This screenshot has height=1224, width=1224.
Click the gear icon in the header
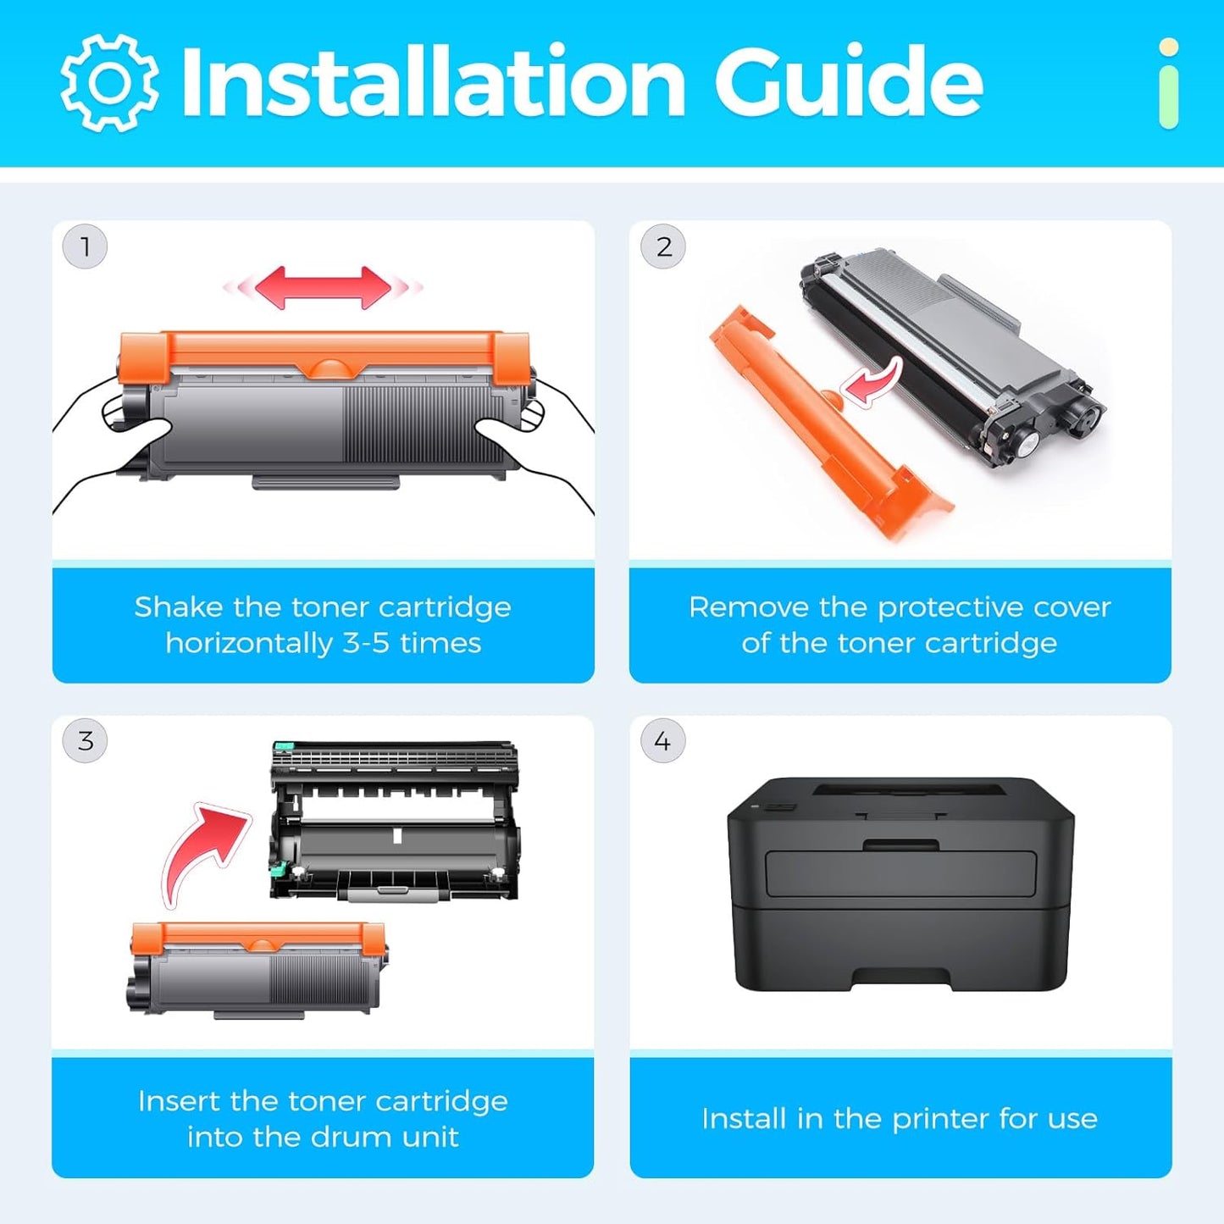click(x=108, y=83)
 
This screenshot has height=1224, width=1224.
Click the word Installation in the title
click(x=432, y=82)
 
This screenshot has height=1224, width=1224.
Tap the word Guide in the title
click(x=847, y=82)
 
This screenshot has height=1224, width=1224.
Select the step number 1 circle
click(x=85, y=247)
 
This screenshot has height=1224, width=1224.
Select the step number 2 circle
click(x=663, y=247)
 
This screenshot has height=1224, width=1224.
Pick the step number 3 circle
click(x=85, y=741)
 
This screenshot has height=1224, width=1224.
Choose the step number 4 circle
click(x=662, y=741)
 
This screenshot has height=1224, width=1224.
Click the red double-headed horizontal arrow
click(x=323, y=288)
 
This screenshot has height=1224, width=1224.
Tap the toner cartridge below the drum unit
click(x=258, y=968)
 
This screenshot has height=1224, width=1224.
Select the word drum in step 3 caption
click(x=354, y=1137)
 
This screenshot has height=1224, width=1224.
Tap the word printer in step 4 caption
click(x=941, y=1119)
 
